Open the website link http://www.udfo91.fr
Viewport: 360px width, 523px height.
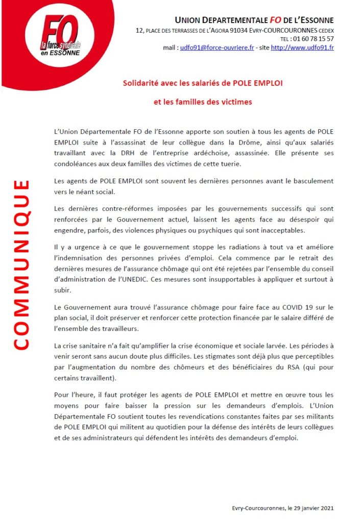(x=302, y=47)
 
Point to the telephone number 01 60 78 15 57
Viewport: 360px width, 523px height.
(x=313, y=39)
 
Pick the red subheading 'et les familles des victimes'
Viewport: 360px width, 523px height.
(x=203, y=102)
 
